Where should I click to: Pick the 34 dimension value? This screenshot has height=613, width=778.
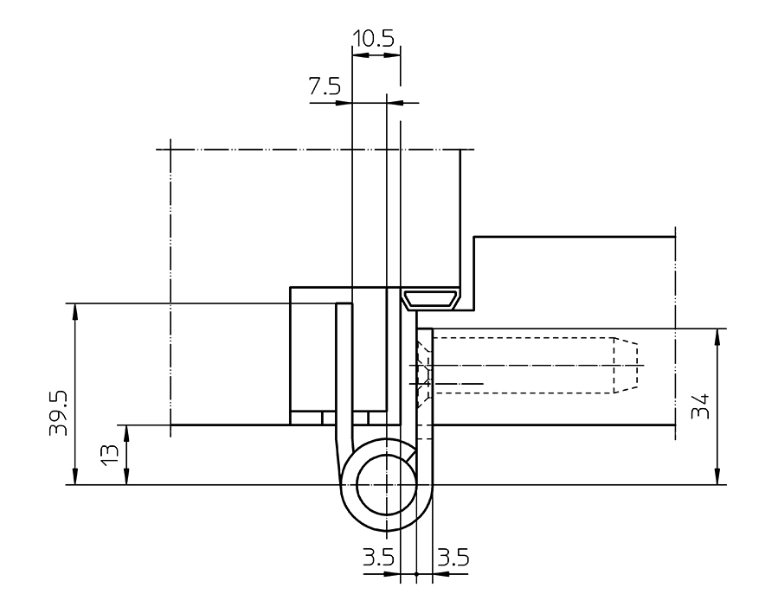click(703, 406)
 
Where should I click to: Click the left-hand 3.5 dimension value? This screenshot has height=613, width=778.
click(379, 558)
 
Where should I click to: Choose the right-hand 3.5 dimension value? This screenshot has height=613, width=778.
click(453, 558)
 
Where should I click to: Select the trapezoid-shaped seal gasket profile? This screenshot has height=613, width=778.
click(431, 300)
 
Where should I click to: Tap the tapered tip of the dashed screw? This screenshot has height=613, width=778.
click(628, 363)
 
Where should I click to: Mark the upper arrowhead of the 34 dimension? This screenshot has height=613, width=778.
click(716, 335)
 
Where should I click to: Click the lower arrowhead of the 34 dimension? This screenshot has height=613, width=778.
click(716, 478)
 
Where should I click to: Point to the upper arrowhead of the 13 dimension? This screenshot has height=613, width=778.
click(127, 431)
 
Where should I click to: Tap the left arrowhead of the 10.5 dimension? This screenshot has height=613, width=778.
click(357, 54)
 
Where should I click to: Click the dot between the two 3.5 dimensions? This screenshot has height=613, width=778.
click(416, 574)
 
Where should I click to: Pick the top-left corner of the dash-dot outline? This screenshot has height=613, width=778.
click(171, 150)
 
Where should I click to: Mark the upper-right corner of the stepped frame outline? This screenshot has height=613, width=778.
click(674, 237)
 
